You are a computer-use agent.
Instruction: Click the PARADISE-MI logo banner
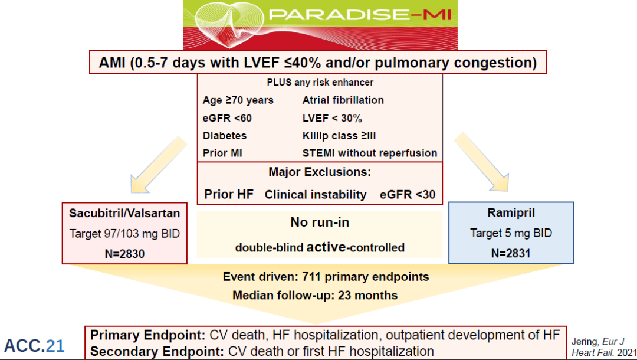(320, 25)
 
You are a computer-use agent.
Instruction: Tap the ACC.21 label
(34, 346)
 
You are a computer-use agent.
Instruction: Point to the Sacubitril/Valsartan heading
(124, 213)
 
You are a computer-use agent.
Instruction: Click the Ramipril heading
(511, 213)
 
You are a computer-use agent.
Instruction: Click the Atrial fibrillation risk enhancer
(343, 100)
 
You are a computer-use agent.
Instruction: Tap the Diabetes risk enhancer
(225, 136)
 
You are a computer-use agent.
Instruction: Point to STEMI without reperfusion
(370, 153)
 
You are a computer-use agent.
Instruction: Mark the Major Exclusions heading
(319, 172)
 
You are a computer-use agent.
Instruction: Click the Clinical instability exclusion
(316, 194)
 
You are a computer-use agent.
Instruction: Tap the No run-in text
(319, 222)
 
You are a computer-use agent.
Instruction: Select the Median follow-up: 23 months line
(315, 295)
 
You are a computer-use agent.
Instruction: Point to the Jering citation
(596, 347)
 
